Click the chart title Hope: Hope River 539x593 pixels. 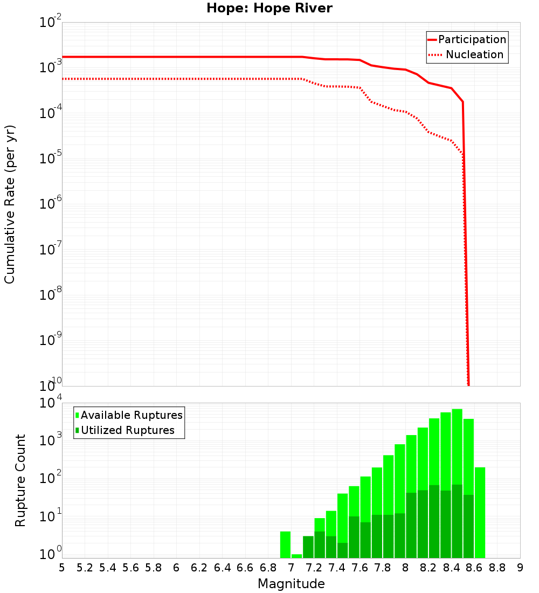tap(269, 9)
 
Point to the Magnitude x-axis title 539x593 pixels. tap(291, 584)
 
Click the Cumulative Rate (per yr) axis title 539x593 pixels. tap(10, 204)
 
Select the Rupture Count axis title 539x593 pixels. tap(20, 480)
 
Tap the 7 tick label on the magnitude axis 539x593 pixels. tap(291, 568)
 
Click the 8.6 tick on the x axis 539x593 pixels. tap(474, 568)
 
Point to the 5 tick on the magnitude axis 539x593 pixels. tap(62, 568)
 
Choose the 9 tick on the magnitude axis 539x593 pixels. tap(520, 568)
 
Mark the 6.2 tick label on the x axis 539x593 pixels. tap(199, 568)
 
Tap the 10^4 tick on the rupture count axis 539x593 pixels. tap(51, 404)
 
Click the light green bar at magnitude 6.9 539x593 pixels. tap(285, 544)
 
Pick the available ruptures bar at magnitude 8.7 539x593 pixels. tap(480, 512)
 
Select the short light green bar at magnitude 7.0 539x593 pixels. tap(296, 556)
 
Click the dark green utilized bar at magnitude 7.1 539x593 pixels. tap(308, 547)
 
